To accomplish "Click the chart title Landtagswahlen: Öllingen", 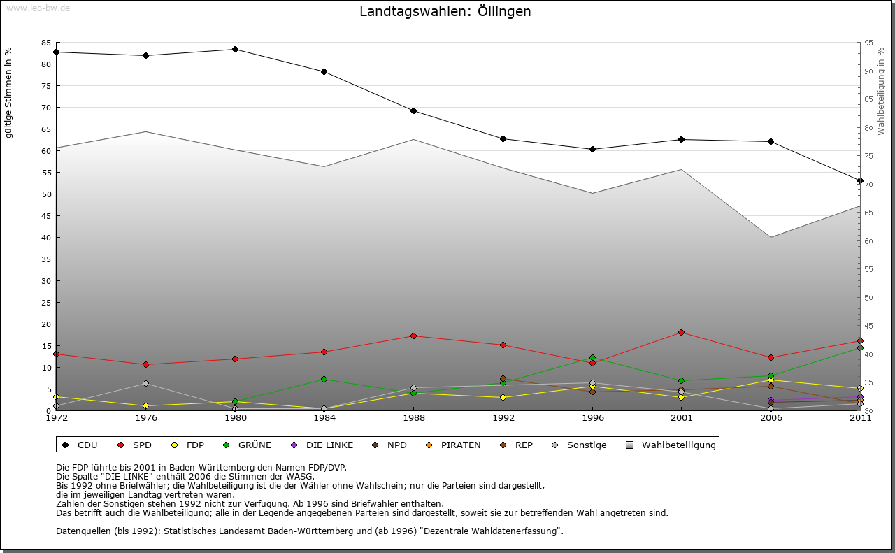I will pyautogui.click(x=445, y=12).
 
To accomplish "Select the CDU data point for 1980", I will pyautogui.click(x=235, y=50).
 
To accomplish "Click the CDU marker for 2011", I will pyautogui.click(x=860, y=180).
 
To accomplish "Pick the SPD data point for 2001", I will pyautogui.click(x=681, y=332).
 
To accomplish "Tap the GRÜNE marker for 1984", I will pyautogui.click(x=324, y=379).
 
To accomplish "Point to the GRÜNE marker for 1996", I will pyautogui.click(x=592, y=358).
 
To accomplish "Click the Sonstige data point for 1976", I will pyautogui.click(x=145, y=383).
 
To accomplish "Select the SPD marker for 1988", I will pyautogui.click(x=413, y=336).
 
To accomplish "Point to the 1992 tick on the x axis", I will pyautogui.click(x=503, y=418).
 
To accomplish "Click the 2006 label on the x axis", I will pyautogui.click(x=771, y=418).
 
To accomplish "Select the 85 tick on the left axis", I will pyautogui.click(x=45, y=43).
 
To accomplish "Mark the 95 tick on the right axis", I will pyautogui.click(x=868, y=43).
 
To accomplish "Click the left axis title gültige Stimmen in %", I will pyautogui.click(x=9, y=93).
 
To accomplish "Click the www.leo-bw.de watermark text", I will pyautogui.click(x=38, y=8).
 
